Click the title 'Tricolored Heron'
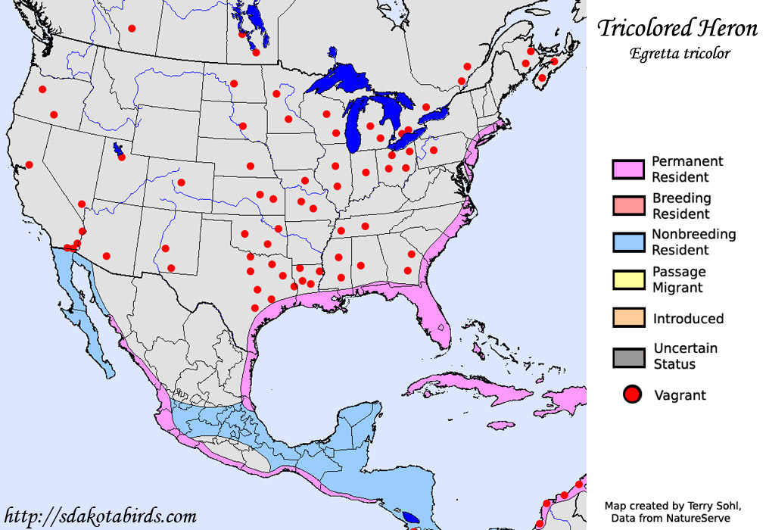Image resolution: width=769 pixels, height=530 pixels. (677, 29)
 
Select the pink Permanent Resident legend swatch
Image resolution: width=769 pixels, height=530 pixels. (628, 169)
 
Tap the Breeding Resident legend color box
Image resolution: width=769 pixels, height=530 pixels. (628, 206)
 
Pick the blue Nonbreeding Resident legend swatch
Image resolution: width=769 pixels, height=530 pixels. (628, 242)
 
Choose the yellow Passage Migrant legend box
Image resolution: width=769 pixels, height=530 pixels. (628, 279)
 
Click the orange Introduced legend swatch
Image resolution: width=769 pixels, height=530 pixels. (628, 318)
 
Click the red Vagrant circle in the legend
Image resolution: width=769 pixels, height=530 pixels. (632, 394)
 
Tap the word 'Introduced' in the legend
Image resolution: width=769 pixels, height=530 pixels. (688, 319)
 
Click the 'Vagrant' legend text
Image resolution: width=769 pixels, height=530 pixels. (680, 395)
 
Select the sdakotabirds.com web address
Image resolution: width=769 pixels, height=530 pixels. (100, 516)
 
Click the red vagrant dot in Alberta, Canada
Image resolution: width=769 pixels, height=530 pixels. (132, 29)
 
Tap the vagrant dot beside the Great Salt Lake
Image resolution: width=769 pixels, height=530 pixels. (122, 157)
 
